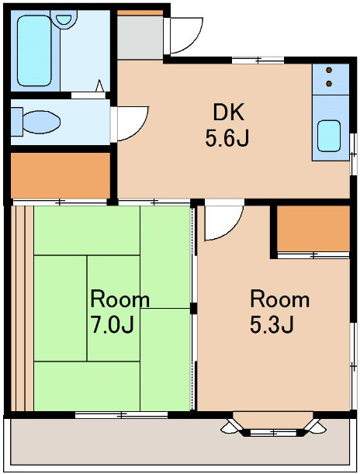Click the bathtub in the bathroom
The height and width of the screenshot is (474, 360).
[x=34, y=50]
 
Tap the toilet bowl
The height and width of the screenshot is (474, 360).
[x=41, y=122]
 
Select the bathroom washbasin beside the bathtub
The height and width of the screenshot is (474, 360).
[x=64, y=19]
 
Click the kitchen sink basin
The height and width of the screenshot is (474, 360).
[x=329, y=136]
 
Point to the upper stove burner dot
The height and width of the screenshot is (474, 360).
[x=329, y=70]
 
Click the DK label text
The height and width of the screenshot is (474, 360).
[x=228, y=112]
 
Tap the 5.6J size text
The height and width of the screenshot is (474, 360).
[x=227, y=139]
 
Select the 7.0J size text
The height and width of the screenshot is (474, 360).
[x=112, y=325]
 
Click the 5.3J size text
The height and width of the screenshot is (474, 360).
[x=272, y=325]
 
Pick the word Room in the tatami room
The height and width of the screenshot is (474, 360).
[x=120, y=299]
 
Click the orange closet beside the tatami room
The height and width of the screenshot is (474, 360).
[x=61, y=175]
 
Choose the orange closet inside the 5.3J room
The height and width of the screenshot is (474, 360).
[x=313, y=228]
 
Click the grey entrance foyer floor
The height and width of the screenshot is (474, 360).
[x=140, y=37]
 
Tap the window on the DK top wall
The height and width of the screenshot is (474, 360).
[x=258, y=60]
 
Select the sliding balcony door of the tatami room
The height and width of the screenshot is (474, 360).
[x=121, y=415]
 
